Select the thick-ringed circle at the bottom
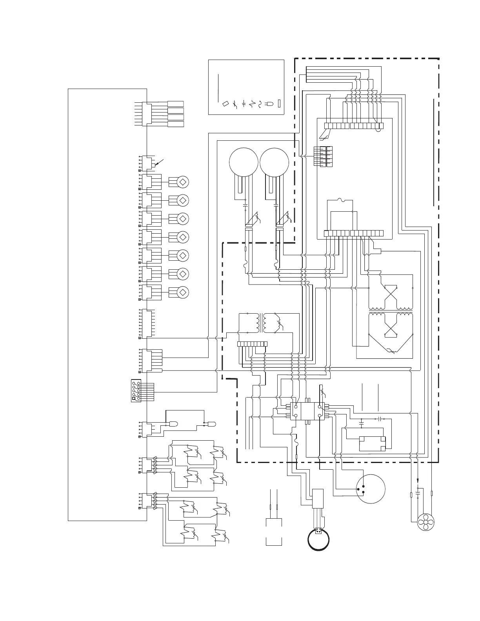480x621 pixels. (318, 540)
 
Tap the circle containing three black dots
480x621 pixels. (370, 489)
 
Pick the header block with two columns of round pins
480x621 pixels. (136, 391)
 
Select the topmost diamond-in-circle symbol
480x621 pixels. (183, 182)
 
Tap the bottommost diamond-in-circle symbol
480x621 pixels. (183, 292)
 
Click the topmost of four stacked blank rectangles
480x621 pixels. (176, 104)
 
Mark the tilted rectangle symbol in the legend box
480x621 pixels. (225, 103)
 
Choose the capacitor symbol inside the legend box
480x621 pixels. (244, 103)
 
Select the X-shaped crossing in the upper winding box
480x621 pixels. (391, 292)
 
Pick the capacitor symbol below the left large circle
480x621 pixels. (245, 205)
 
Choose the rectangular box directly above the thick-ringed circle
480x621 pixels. (318, 498)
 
